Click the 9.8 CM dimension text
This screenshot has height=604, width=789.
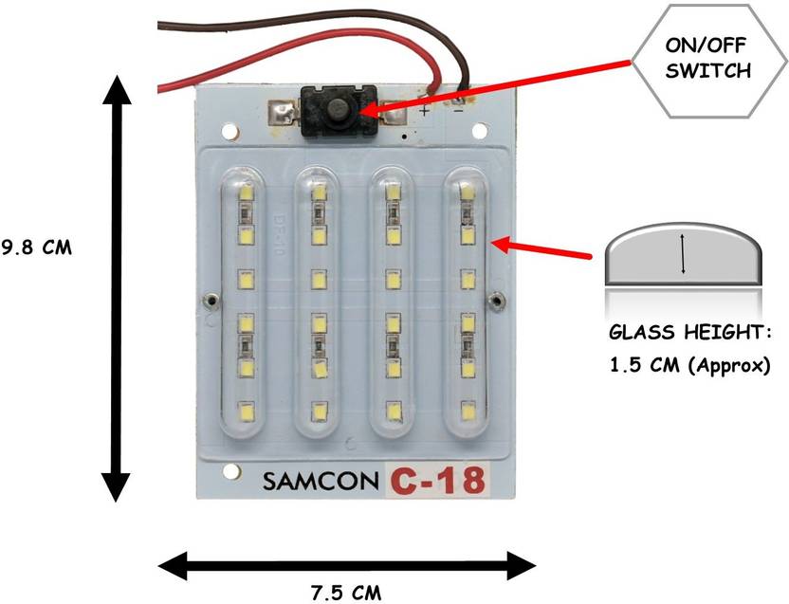pyautogui.click(x=36, y=248)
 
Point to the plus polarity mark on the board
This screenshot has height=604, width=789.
pyautogui.click(x=424, y=111)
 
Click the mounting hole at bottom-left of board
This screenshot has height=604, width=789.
pyautogui.click(x=229, y=472)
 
